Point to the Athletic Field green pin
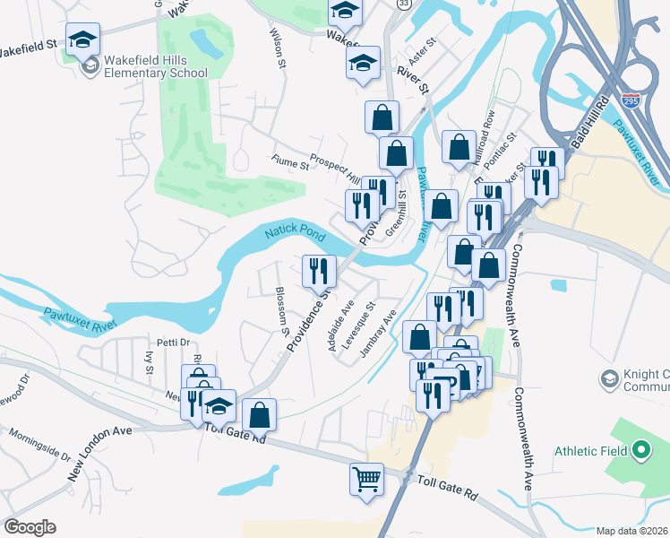tap(641, 450)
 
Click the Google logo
tap(30, 527)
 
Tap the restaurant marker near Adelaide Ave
tap(319, 270)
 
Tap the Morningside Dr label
tap(40, 444)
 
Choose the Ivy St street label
tap(149, 362)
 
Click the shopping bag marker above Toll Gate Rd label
tap(259, 414)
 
